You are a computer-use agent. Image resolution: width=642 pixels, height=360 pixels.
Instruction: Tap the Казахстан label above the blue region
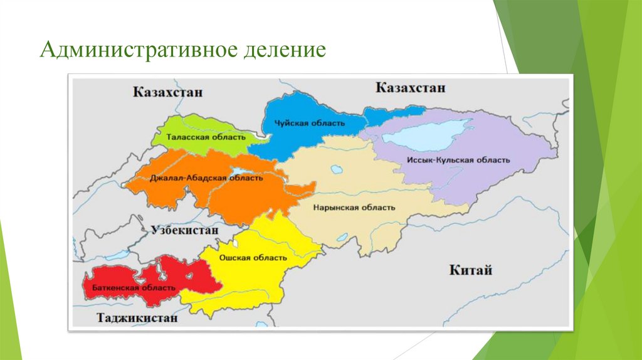tap(411, 87)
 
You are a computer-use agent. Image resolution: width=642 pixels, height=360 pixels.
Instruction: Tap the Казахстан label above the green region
tap(168, 92)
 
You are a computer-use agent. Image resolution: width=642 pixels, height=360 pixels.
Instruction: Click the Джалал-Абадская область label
tap(206, 178)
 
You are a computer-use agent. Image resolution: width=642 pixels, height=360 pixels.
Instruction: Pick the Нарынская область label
tap(354, 208)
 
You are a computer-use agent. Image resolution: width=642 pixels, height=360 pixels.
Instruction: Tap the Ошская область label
tap(253, 258)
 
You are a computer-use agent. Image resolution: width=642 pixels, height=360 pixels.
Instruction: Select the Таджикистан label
tap(137, 318)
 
